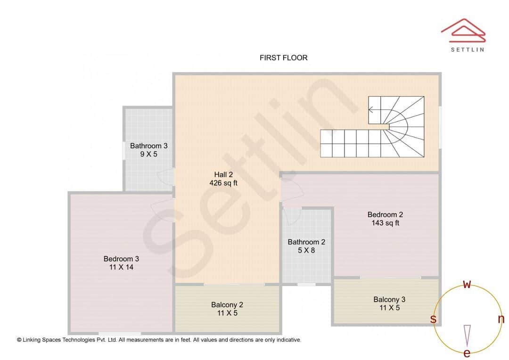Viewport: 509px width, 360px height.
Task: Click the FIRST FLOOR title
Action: click(x=283, y=57)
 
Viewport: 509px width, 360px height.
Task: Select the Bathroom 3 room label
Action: click(x=148, y=146)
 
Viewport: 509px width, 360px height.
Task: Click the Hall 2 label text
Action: click(x=223, y=174)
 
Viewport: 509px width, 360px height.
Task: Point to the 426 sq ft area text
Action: click(x=223, y=183)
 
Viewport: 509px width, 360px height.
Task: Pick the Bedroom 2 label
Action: click(x=385, y=214)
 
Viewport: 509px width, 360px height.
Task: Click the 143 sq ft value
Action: click(x=385, y=223)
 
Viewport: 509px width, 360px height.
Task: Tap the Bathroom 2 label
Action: click(x=306, y=242)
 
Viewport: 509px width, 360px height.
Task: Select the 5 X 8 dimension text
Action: click(x=306, y=251)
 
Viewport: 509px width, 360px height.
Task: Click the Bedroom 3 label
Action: click(x=121, y=259)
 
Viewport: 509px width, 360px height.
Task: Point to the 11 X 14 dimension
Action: click(x=121, y=267)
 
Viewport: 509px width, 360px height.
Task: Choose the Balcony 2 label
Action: click(x=227, y=304)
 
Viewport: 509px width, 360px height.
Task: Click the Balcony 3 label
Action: click(x=389, y=299)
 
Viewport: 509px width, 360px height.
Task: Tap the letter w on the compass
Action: click(x=467, y=284)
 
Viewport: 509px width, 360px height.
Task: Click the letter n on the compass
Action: click(x=501, y=319)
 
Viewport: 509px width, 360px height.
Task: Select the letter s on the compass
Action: click(x=433, y=319)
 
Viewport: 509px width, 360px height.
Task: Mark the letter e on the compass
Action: click(x=467, y=353)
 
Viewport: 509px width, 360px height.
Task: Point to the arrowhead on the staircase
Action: click(x=371, y=110)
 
